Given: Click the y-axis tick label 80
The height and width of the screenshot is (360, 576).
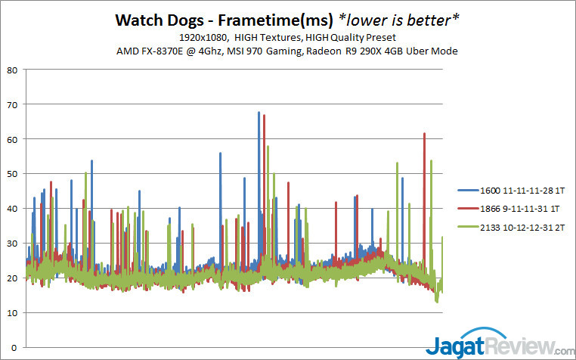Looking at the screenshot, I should pyautogui.click(x=13, y=70).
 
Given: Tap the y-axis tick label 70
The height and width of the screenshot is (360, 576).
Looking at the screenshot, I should pyautogui.click(x=13, y=105).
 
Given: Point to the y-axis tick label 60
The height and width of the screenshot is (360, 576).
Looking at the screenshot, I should pyautogui.click(x=13, y=140).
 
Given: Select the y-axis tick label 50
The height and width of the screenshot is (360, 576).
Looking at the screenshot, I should pyautogui.click(x=13, y=175).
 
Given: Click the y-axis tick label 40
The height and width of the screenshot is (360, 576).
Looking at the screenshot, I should pyautogui.click(x=13, y=209).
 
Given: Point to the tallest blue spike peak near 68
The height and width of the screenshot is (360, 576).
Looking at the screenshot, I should pyautogui.click(x=259, y=113).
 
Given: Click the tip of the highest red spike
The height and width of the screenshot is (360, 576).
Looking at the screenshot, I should pyautogui.click(x=265, y=116).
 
